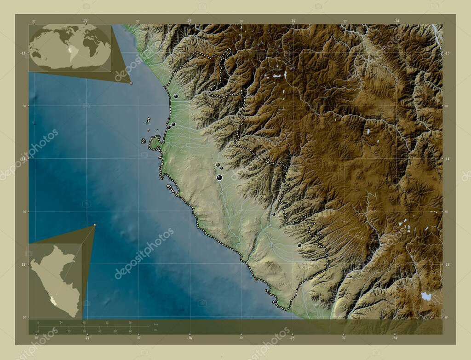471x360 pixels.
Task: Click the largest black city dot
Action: pos(219,177)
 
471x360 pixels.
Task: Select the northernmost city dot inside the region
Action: pos(176,96)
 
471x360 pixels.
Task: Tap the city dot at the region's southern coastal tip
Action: pos(275,302)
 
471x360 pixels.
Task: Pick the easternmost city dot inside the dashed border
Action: pos(299,245)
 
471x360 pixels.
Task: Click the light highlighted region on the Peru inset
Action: pos(54,301)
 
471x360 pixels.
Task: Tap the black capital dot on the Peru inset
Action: pos(47,292)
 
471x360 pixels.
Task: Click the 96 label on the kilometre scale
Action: pos(130,322)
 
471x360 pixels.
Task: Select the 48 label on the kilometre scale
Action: pos(84,322)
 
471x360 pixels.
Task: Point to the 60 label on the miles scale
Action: pos(131,331)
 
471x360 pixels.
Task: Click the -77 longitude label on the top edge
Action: pos(86,21)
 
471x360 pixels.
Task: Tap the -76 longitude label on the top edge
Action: pos(189,21)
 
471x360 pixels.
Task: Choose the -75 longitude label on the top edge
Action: pos(293,21)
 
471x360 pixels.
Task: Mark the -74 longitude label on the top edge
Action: pos(396,21)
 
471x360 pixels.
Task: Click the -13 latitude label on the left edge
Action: pos(23,53)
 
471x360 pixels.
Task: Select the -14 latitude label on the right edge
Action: pos(448,159)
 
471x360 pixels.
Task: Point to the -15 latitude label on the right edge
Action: pos(448,264)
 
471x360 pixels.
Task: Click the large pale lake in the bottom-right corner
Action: pos(426,296)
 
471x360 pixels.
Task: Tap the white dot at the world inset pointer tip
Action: pos(131,83)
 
